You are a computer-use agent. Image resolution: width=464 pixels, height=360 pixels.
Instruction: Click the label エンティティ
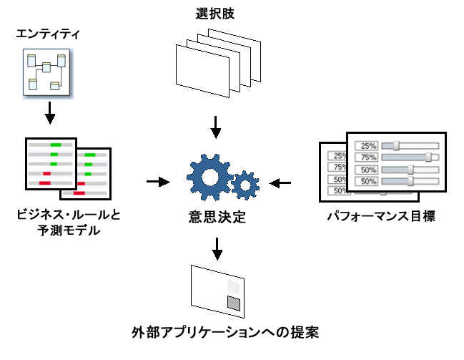point(49,33)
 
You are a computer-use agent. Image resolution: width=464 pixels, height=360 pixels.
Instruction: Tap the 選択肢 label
point(216,13)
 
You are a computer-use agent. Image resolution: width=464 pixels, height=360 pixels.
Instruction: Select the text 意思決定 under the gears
point(217,215)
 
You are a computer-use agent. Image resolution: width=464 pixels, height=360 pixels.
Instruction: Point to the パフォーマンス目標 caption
point(380,215)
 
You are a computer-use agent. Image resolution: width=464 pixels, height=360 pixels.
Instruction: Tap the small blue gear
point(246,185)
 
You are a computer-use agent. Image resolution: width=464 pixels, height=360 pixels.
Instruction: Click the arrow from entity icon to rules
point(49,112)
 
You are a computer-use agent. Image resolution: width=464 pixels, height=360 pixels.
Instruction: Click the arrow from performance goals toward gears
point(281,183)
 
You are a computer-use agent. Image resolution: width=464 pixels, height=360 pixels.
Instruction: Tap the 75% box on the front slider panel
point(369,157)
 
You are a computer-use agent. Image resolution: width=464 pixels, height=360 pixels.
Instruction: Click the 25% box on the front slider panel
point(369,145)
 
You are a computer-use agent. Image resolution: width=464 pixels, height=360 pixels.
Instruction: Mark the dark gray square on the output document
point(234,303)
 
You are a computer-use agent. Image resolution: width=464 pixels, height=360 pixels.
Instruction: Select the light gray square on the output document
point(234,287)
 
